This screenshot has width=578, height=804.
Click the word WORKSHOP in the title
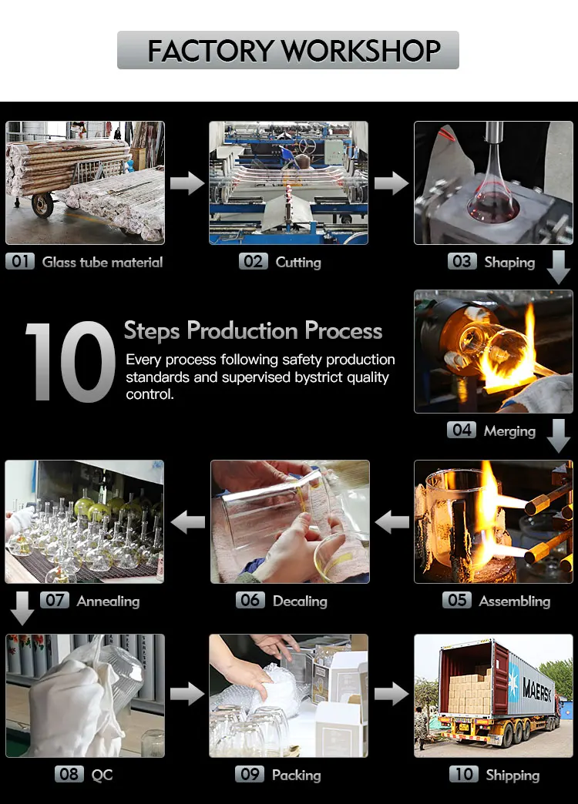pos(361,50)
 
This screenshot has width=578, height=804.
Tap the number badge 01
pos(20,262)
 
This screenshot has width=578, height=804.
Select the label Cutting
pos(298,263)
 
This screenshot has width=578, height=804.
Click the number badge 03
pos(462,262)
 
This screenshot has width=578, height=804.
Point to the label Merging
pos(509,431)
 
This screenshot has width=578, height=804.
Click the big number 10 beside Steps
pos(70,361)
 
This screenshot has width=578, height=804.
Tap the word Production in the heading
pos(242,330)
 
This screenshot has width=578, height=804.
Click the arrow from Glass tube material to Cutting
pos(187,183)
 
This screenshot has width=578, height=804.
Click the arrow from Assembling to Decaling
pos(392,522)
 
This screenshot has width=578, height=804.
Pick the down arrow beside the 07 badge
pos(22,608)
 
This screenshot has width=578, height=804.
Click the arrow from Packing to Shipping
pos(391,695)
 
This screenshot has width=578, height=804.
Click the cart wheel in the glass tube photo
pos(42,205)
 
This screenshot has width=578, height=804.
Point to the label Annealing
pos(109,601)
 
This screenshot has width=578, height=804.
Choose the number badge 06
pos(250,600)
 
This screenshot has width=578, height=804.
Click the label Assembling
pos(515,601)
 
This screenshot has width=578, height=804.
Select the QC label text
pos(102,775)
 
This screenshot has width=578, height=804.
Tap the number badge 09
pos(250,774)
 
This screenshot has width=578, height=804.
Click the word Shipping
pos(512,776)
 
